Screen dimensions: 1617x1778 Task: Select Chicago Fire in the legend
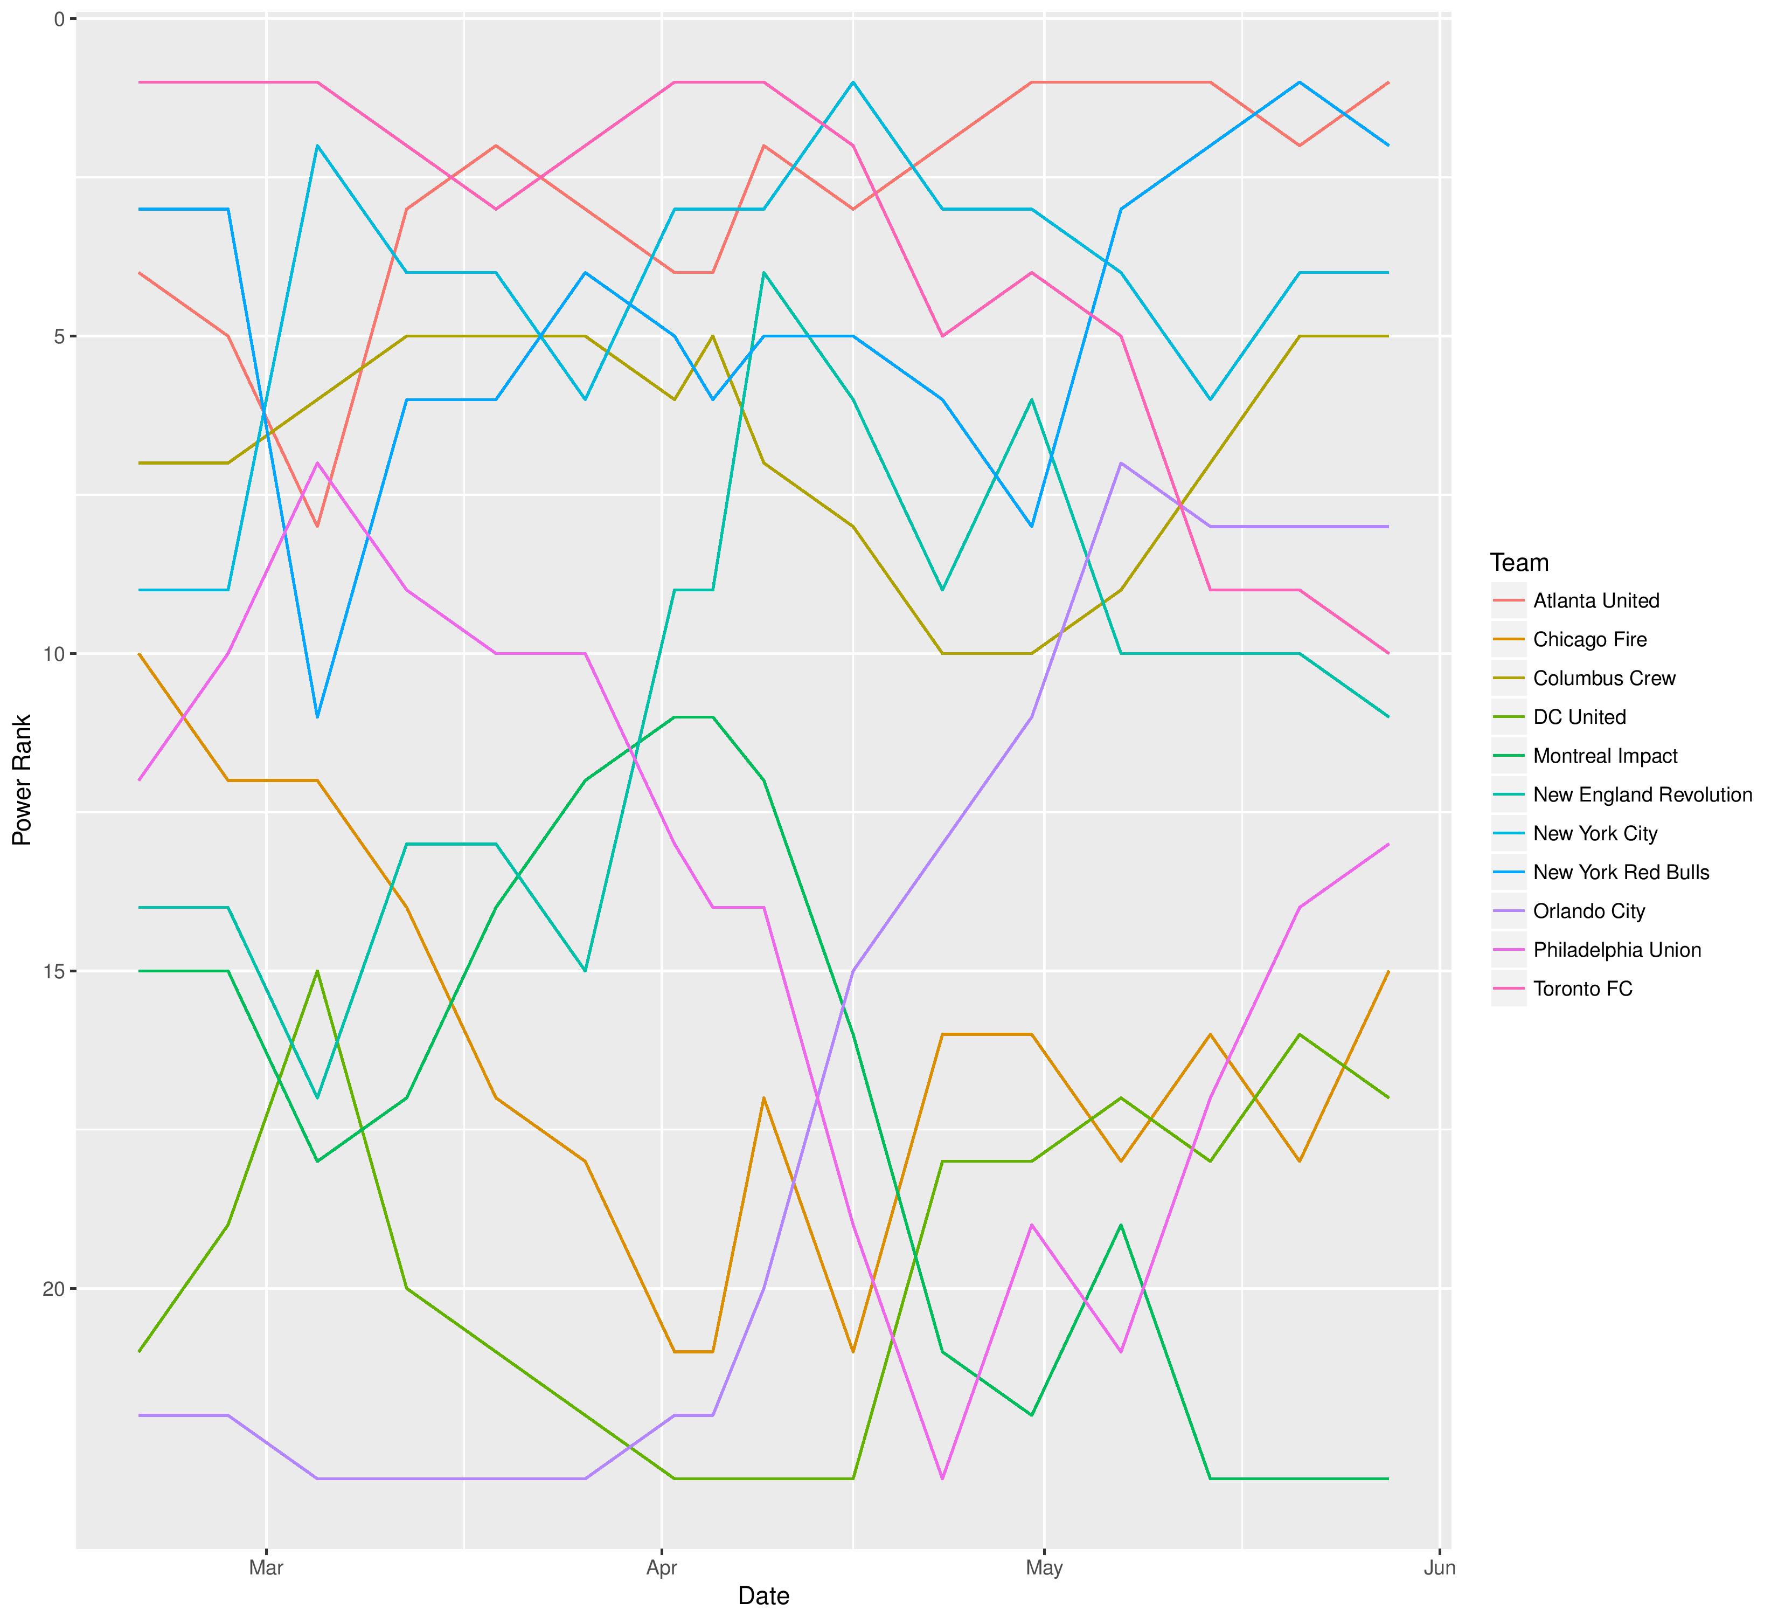1589,640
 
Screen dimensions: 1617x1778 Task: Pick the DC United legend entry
1579,717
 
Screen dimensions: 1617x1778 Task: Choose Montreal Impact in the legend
1605,756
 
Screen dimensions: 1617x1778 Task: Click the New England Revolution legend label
1642,795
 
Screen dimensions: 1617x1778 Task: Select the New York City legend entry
1595,834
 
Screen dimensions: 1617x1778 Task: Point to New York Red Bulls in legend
1621,873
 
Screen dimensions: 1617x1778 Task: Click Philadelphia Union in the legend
1616,950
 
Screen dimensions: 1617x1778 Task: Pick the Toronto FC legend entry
1582,989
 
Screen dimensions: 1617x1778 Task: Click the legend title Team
1519,563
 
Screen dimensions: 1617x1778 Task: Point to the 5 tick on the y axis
60,336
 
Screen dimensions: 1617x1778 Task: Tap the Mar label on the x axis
266,1567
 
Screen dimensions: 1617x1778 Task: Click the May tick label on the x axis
1044,1567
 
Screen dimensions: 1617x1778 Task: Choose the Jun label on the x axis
1439,1567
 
